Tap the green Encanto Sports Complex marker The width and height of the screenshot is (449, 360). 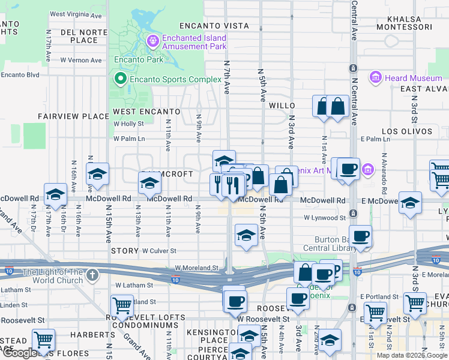click(x=120, y=79)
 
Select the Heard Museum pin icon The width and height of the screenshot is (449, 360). click(x=376, y=77)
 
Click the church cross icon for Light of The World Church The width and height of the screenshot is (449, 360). click(x=91, y=274)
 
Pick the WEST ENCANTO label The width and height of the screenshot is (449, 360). click(x=146, y=112)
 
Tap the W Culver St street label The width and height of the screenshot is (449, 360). click(x=159, y=250)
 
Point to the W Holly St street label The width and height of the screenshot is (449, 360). click(x=129, y=124)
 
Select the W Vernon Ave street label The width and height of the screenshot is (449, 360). click(x=80, y=60)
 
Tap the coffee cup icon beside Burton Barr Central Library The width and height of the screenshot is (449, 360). click(x=360, y=236)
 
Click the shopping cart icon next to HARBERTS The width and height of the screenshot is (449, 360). click(x=43, y=340)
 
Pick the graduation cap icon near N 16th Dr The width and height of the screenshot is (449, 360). click(x=55, y=195)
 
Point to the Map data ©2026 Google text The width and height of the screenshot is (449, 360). click(x=412, y=355)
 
